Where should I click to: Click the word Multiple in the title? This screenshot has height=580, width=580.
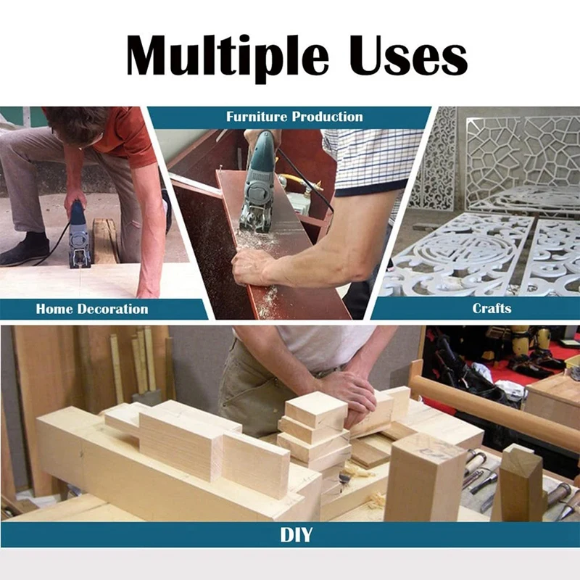[227, 57]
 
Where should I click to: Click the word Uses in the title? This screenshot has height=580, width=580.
[409, 56]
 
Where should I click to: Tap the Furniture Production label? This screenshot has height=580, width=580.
[294, 117]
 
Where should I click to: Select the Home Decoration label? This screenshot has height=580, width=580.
[92, 309]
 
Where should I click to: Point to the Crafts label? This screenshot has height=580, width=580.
[492, 308]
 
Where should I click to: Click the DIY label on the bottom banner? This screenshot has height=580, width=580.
[296, 534]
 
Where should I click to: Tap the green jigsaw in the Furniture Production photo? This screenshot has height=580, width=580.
[258, 182]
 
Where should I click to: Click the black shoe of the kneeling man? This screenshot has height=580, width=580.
[25, 249]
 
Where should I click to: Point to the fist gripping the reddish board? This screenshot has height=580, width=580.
[252, 266]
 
